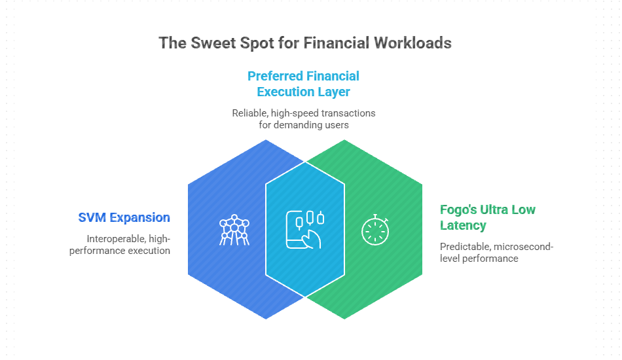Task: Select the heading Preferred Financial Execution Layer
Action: click(x=303, y=84)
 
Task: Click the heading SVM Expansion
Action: click(x=124, y=217)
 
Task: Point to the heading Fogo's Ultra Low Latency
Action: click(x=487, y=217)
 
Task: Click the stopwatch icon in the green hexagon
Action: click(x=375, y=229)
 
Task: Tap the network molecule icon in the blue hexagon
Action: click(x=233, y=230)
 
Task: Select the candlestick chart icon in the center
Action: click(x=306, y=228)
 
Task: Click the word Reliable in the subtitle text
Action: click(x=249, y=113)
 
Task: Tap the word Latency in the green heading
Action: click(x=463, y=226)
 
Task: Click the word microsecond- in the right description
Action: click(x=526, y=247)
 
